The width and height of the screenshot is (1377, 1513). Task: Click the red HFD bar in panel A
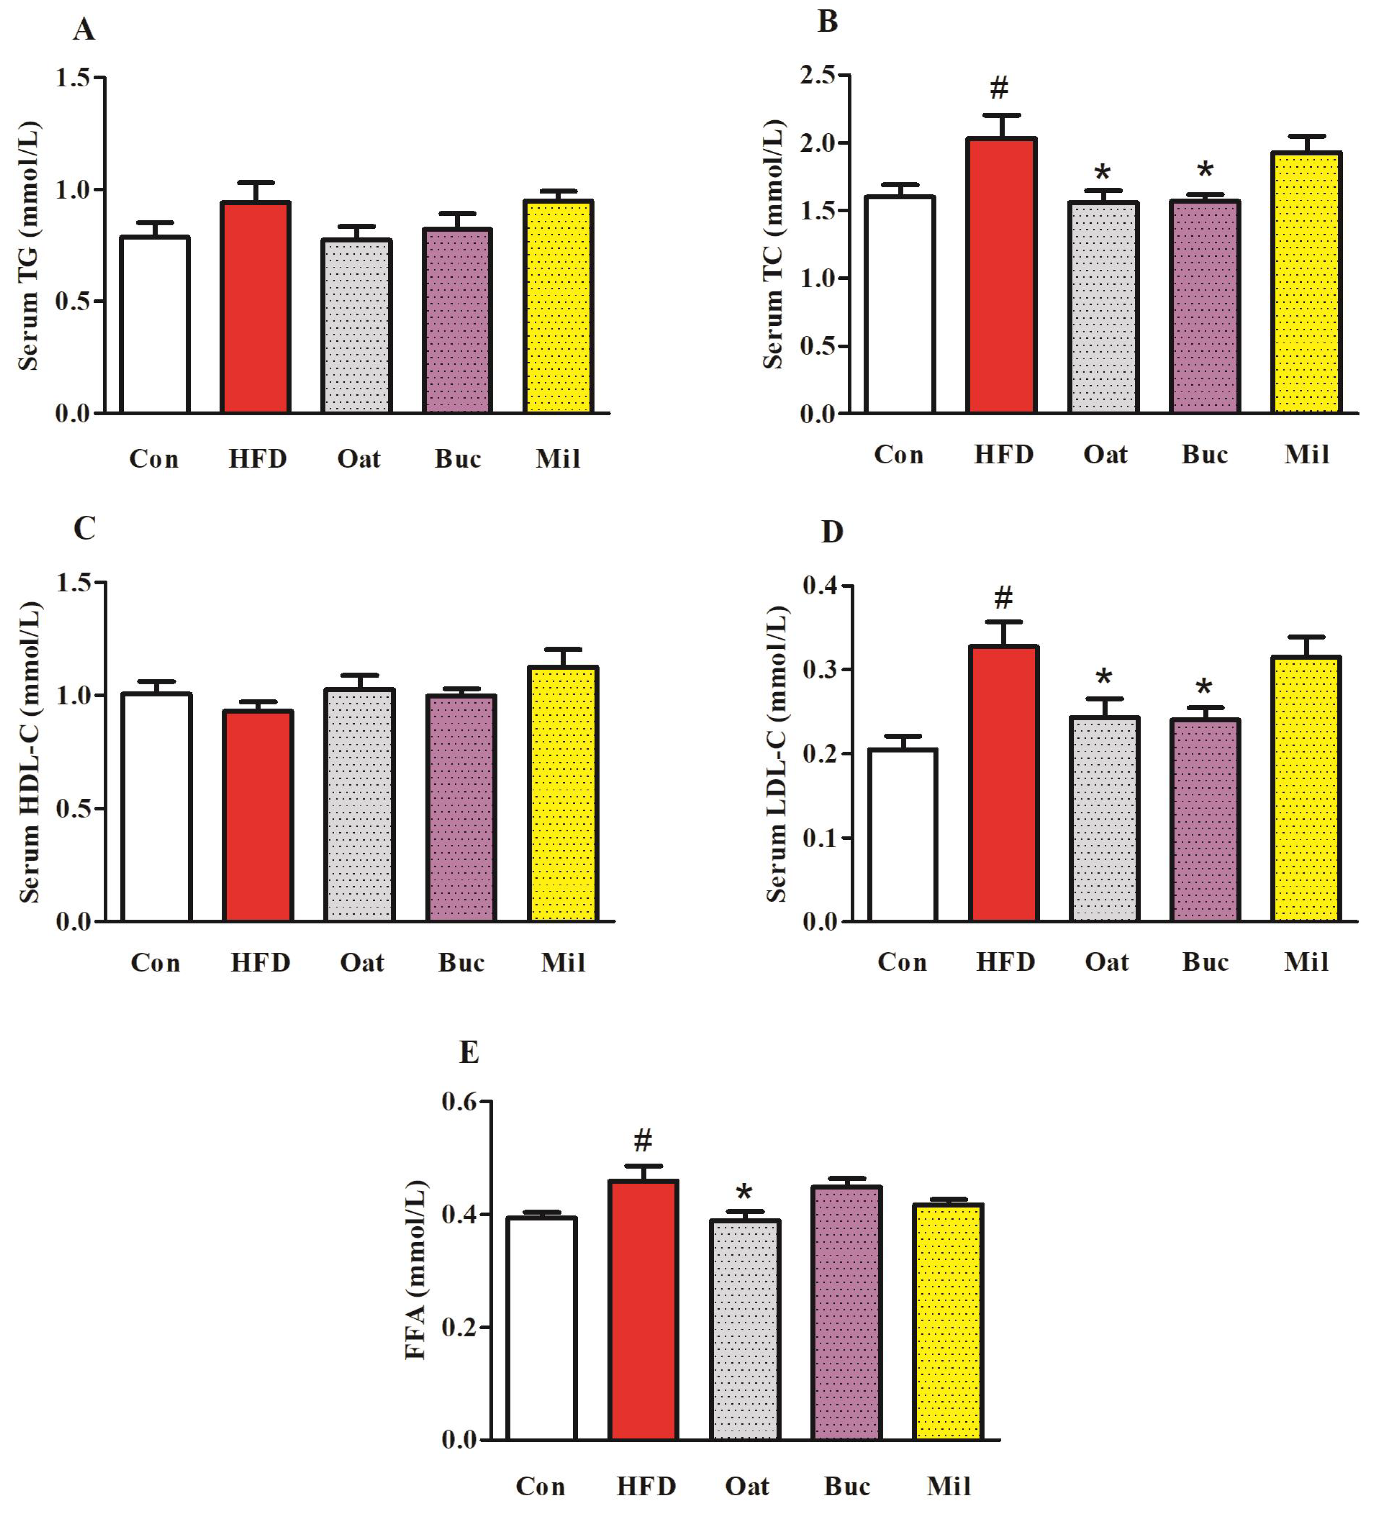255,308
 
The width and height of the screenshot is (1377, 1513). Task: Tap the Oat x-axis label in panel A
358,459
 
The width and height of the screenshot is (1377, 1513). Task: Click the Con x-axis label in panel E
540,1486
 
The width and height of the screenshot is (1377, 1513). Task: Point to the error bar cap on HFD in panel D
1004,621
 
